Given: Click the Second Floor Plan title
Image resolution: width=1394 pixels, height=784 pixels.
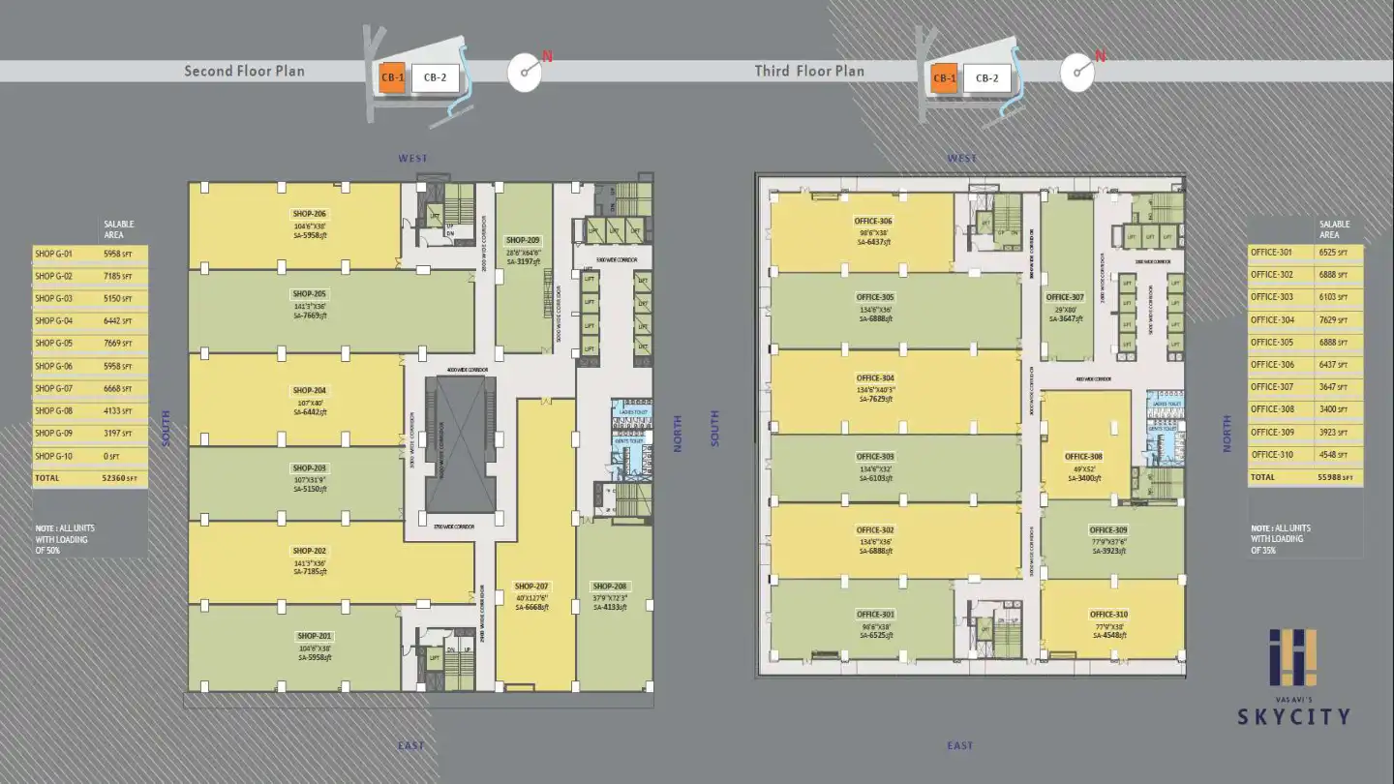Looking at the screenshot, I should (x=244, y=71).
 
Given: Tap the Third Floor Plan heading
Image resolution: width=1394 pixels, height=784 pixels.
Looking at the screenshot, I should (x=809, y=71).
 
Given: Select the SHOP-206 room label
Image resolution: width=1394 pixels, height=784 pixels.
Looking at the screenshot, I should (x=309, y=213).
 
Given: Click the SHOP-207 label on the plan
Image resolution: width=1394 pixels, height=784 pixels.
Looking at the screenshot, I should (x=531, y=587).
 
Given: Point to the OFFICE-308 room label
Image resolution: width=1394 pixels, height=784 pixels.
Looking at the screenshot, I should (x=1083, y=456).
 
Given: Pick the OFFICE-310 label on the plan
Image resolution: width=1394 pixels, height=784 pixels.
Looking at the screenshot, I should (x=1108, y=615).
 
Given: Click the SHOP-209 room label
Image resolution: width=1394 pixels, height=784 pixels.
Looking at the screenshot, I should (x=523, y=240).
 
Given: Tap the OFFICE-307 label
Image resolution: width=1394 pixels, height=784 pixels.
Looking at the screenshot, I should (x=1064, y=297).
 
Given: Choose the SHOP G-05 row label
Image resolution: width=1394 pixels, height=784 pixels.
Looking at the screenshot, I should (x=54, y=343).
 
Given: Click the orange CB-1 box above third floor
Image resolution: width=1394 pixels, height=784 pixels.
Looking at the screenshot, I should (x=944, y=78).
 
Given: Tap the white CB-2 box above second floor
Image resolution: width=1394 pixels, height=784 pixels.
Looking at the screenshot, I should (x=435, y=78).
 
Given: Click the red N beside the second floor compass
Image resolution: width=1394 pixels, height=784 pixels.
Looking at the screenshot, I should (x=547, y=57).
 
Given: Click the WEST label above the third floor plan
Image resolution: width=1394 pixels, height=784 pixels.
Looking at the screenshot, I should (x=962, y=159).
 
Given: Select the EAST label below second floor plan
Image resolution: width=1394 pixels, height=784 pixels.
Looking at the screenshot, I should (x=410, y=745).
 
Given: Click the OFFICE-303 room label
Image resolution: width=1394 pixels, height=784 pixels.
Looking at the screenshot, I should (x=875, y=456).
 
